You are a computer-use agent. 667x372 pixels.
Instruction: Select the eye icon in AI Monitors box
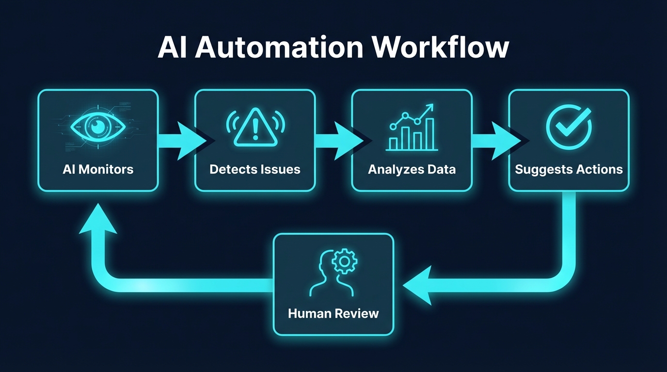pyautogui.click(x=98, y=127)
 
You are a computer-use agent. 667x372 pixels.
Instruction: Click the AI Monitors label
pyautogui.click(x=98, y=169)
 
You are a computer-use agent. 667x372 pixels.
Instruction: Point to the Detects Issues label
pyautogui.click(x=255, y=169)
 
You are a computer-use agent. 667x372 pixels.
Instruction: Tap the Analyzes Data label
pyautogui.click(x=412, y=169)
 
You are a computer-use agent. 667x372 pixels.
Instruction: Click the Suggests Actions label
pyautogui.click(x=569, y=169)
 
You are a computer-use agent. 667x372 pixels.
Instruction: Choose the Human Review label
pyautogui.click(x=333, y=313)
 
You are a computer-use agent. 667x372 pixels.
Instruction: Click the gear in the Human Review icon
pyautogui.click(x=345, y=262)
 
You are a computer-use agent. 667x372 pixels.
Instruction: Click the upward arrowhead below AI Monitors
pyautogui.click(x=98, y=221)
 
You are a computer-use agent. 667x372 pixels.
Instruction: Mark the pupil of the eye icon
pyautogui.click(x=98, y=127)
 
